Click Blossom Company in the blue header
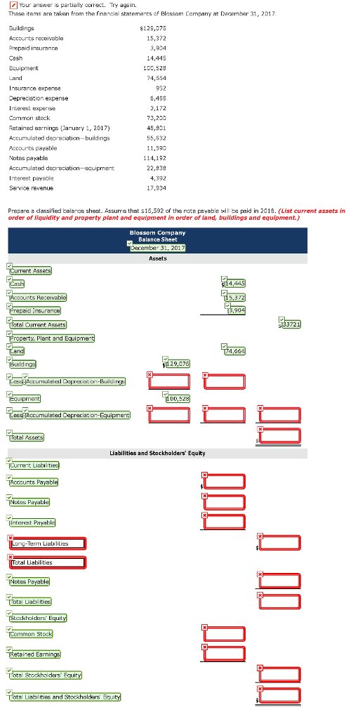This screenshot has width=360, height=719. (158, 232)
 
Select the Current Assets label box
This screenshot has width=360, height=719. (31, 270)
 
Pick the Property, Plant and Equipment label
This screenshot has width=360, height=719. (53, 338)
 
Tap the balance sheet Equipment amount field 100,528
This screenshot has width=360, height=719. (175, 398)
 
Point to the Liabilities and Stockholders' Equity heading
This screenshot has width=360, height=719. (158, 453)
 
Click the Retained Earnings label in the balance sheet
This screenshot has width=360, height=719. (35, 654)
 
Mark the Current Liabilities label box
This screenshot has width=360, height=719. (34, 465)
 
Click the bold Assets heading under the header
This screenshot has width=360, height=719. (158, 258)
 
